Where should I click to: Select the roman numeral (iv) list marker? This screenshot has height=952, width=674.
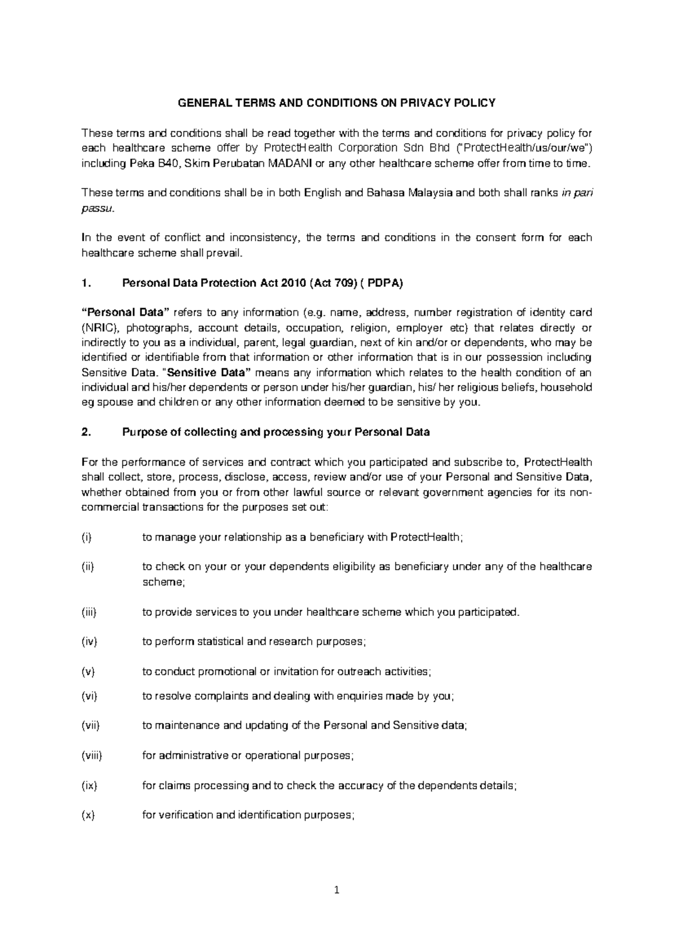(89, 642)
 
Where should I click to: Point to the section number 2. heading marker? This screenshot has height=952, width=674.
(86, 432)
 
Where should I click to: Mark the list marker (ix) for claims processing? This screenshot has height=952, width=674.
(89, 786)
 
